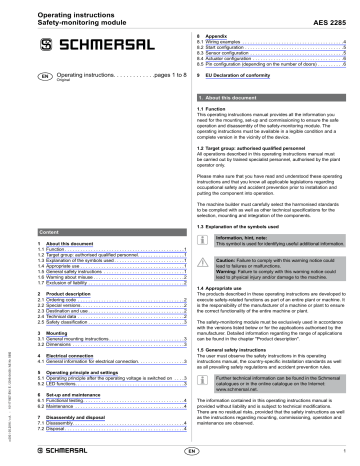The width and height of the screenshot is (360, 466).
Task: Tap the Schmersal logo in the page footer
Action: [49, 452]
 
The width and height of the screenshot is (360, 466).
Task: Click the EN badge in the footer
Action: [191, 452]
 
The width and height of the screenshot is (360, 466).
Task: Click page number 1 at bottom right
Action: [344, 452]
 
